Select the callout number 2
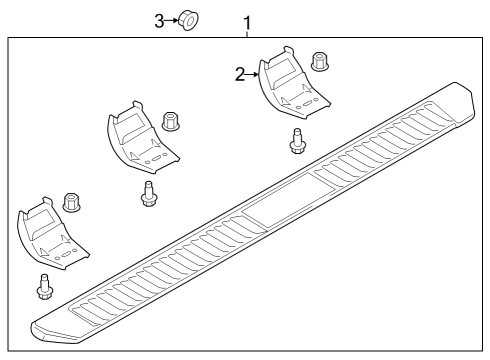point(240,73)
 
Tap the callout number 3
point(158,20)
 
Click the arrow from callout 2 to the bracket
point(254,73)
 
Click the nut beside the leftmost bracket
point(72,203)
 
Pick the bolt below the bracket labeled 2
point(296,142)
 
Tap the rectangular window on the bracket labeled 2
point(281,71)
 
